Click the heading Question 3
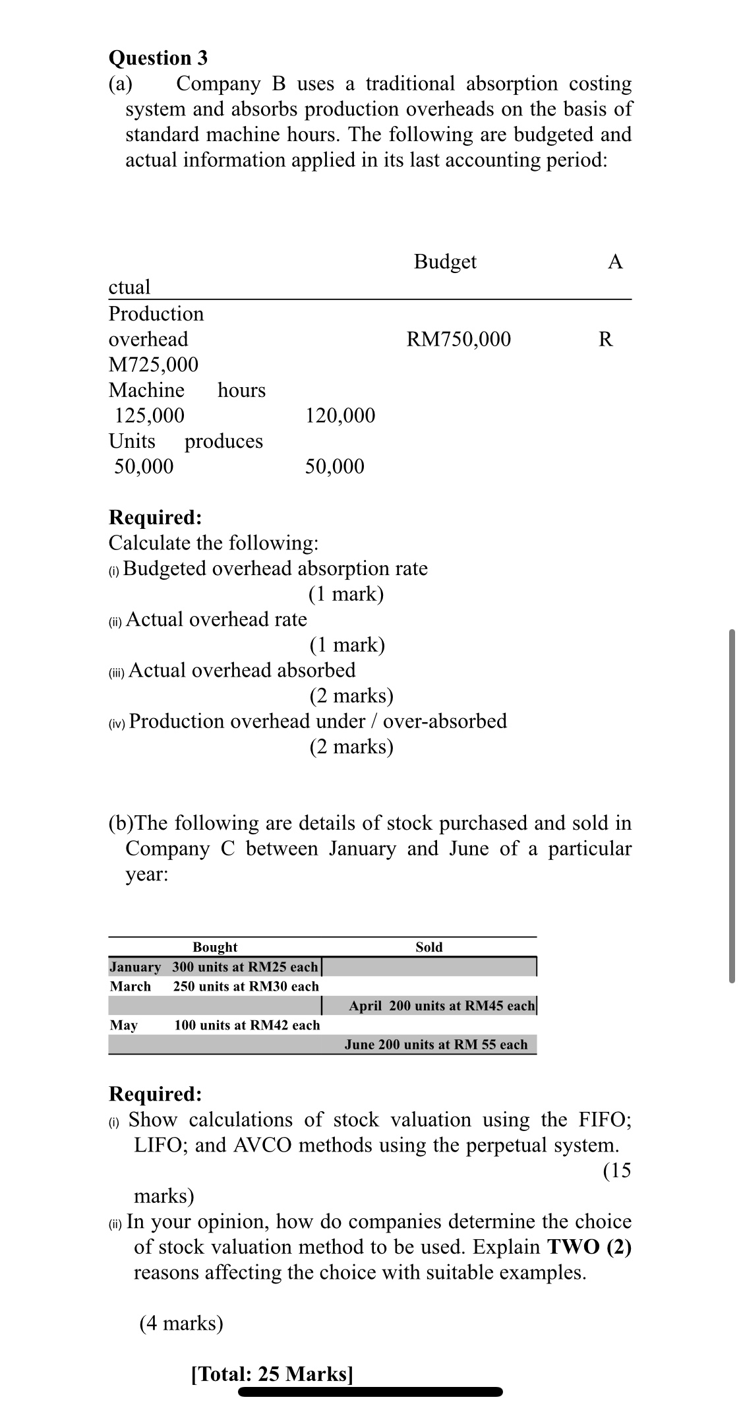point(158,58)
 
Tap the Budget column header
point(445,262)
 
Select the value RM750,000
point(458,339)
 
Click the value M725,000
point(153,365)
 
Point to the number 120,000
point(340,415)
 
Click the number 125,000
point(150,415)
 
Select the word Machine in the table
point(146,390)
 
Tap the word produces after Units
point(223,441)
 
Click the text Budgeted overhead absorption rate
point(275,568)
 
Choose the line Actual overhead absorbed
point(242,670)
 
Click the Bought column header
point(215,947)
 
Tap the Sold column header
point(429,947)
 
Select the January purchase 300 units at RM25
point(245,967)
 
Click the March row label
point(130,987)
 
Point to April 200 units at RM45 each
point(442,1006)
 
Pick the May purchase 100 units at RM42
point(247,1025)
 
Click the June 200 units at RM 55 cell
point(436,1045)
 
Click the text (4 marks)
point(181,1324)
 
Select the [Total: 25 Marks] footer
point(272,1374)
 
